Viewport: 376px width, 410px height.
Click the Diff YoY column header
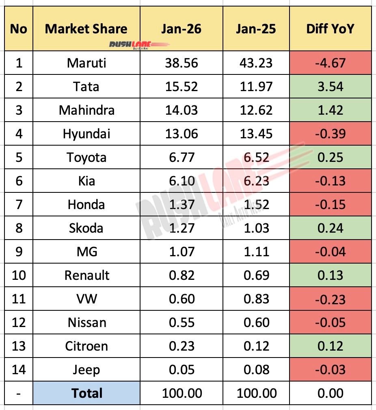point(331,29)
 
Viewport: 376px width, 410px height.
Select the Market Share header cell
point(86,29)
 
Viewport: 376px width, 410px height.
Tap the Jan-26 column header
point(181,29)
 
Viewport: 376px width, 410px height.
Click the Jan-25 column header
point(256,29)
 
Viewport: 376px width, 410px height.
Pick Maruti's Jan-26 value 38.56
point(181,63)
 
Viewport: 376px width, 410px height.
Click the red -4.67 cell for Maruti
point(331,63)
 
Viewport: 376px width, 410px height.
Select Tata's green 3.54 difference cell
point(331,87)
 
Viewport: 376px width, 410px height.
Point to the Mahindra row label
point(86,110)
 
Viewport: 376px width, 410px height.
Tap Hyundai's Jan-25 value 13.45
point(256,134)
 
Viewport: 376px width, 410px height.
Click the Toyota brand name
point(86,157)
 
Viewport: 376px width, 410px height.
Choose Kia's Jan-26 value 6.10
point(181,181)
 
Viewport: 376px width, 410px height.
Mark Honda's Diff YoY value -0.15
point(331,205)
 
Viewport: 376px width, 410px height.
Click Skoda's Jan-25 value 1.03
point(256,228)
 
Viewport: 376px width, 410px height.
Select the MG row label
point(86,252)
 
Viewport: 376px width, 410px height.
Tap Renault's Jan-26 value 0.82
point(181,275)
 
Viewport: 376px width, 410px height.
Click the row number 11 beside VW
point(19,299)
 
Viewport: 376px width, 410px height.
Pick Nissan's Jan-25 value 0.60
point(256,323)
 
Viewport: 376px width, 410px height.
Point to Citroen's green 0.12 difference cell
point(331,346)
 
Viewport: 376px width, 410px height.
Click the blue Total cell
point(86,393)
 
